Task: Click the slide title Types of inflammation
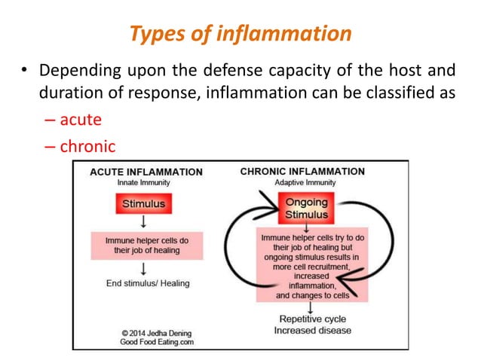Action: click(x=240, y=33)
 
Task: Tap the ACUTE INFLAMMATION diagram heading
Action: click(x=146, y=172)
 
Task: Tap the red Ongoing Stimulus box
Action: click(x=306, y=209)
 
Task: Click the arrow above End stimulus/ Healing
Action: click(x=142, y=267)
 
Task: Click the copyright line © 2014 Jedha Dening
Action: click(x=152, y=331)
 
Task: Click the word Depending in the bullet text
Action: click(x=77, y=72)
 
